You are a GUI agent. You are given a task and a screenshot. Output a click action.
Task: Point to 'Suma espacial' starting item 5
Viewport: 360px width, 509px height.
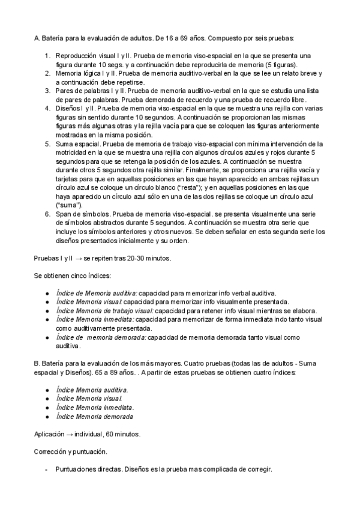pos(76,144)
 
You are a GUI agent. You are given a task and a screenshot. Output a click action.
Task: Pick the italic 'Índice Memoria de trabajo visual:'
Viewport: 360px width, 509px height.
pos(104,310)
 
